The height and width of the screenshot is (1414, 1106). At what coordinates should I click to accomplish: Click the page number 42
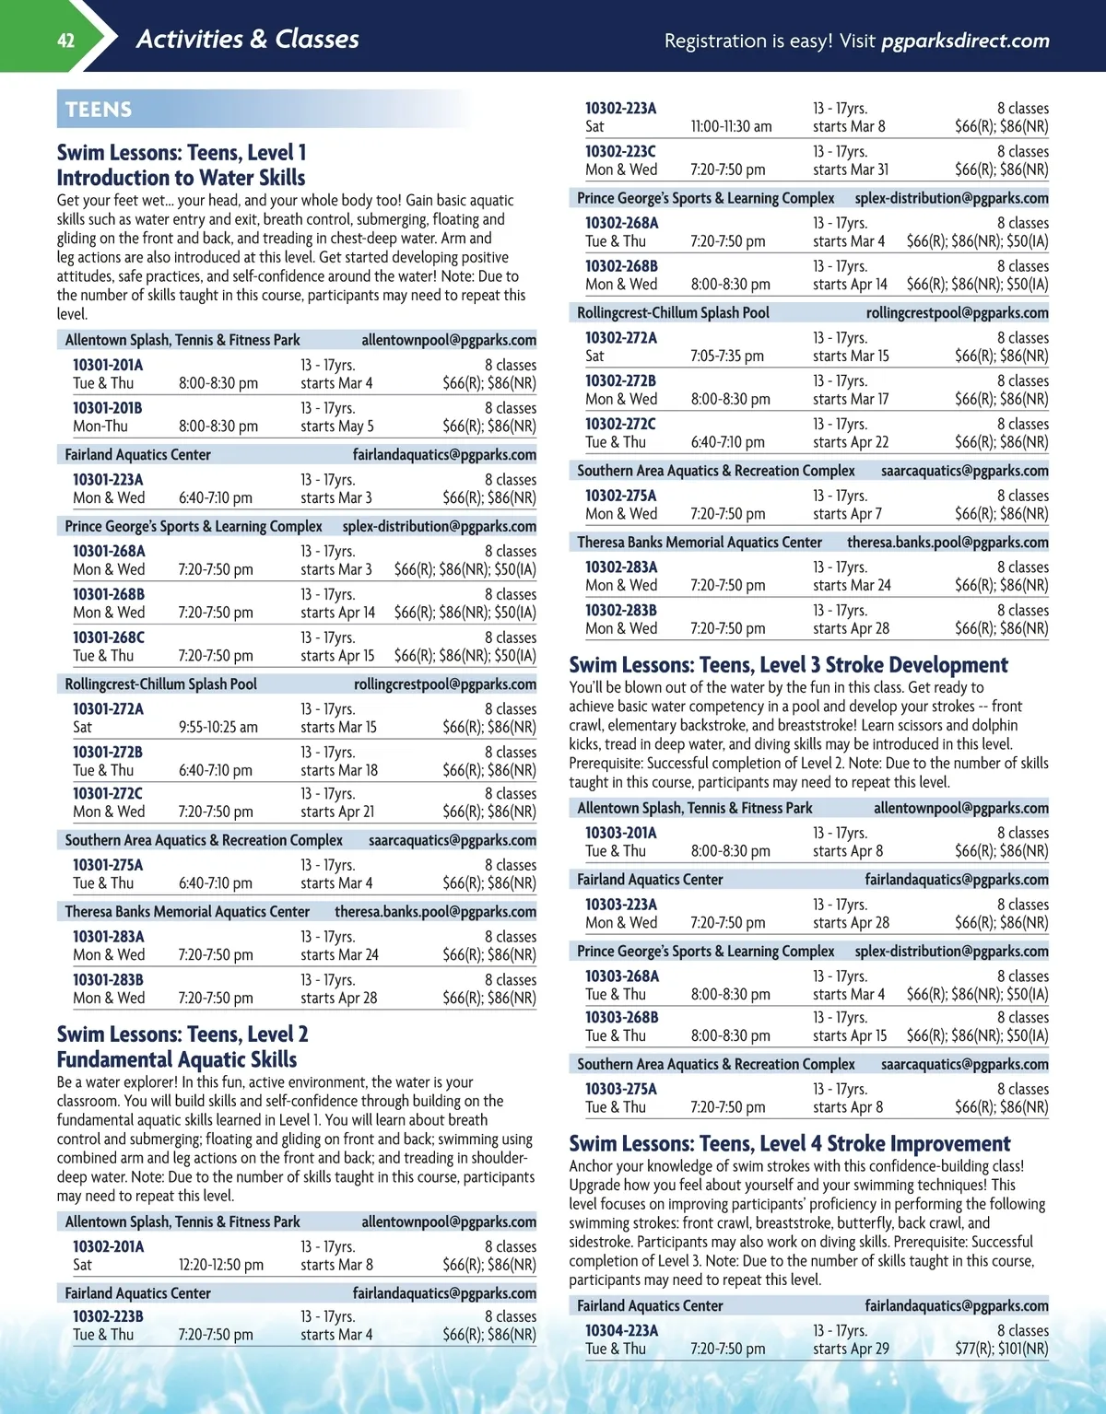coord(65,40)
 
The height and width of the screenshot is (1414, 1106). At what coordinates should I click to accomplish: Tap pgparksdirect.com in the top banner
coord(965,41)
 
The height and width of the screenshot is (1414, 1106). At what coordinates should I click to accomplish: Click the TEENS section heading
coord(99,110)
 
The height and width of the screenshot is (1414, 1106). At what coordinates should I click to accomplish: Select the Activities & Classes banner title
coord(247,39)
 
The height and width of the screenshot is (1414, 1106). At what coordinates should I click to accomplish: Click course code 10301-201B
coord(108,408)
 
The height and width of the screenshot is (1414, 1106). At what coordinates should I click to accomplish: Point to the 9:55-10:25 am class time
coord(218,728)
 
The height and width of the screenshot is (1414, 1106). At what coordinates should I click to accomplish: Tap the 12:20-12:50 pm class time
coord(221,1265)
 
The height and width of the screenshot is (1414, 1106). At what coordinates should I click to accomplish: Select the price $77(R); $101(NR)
coord(1001,1349)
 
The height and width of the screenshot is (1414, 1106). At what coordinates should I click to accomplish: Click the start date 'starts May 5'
coord(337,427)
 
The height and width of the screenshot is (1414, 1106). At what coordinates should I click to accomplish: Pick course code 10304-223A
coord(621,1330)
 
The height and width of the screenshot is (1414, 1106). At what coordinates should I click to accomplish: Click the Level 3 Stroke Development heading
coord(788,665)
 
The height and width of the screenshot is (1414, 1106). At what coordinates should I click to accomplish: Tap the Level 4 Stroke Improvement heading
coord(790,1144)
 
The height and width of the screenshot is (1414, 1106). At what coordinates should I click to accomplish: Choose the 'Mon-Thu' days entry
coord(100,427)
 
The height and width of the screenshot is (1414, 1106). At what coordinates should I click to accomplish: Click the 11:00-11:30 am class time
coord(731,126)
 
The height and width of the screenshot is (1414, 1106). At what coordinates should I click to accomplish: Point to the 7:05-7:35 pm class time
coord(727,356)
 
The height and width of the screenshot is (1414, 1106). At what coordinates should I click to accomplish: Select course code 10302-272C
coord(620,424)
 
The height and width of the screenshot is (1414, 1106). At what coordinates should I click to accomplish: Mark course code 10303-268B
coord(621,1017)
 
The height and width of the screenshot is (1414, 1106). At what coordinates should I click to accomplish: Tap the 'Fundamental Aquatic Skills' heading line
coord(177,1059)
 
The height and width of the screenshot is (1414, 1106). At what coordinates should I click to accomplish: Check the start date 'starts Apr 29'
coord(851,1349)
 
